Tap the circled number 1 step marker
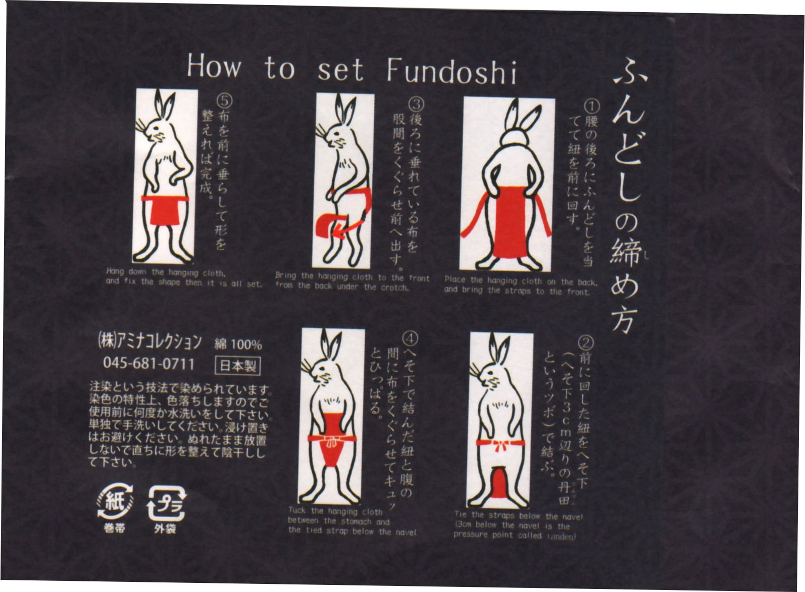[x=591, y=106]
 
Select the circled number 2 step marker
[x=585, y=343]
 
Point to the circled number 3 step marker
[x=416, y=104]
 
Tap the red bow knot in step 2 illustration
[x=500, y=446]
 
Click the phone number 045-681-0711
[x=148, y=363]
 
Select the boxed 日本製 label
[x=238, y=366]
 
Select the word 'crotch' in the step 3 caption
[x=394, y=288]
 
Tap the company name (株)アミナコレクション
[x=149, y=341]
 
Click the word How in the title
[x=214, y=66]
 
